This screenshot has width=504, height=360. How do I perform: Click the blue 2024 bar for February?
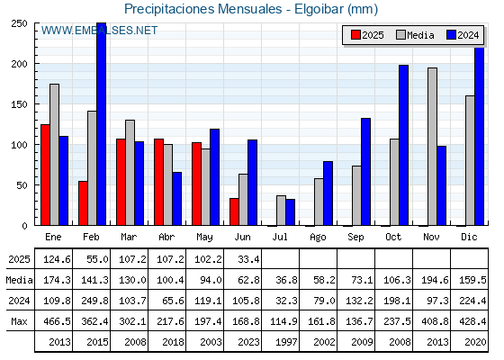(101, 124)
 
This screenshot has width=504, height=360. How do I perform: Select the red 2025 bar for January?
(45, 175)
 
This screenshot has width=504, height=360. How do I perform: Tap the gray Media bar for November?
(432, 147)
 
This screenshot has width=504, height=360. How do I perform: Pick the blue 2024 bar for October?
(404, 145)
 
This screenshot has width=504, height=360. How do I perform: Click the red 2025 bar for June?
(234, 211)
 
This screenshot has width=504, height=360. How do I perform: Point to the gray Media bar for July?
(281, 211)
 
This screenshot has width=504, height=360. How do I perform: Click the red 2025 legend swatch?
(355, 35)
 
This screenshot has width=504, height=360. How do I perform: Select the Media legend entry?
(415, 35)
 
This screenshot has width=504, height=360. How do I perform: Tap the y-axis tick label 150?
(19, 104)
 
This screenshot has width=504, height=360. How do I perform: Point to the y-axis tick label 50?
(22, 185)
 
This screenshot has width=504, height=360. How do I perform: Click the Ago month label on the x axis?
(318, 238)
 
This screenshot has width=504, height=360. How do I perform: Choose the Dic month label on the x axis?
(469, 237)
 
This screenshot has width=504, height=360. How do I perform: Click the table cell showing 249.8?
(94, 301)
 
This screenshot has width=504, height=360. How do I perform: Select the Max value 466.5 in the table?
(57, 321)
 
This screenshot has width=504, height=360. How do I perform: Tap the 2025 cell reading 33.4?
(248, 259)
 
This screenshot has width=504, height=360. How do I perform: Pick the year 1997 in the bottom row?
(286, 342)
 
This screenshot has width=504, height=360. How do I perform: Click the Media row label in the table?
(19, 280)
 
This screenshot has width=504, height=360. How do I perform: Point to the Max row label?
(19, 321)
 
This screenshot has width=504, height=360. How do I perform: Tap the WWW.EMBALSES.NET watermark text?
(99, 31)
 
